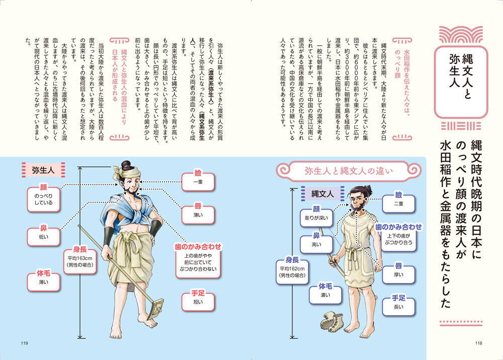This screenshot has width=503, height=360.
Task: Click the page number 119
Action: (24, 343)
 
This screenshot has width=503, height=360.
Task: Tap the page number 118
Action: (478, 343)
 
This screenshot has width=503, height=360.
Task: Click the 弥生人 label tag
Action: (43, 170)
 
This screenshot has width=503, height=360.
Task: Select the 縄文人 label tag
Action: (323, 194)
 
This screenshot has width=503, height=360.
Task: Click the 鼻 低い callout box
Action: (43, 236)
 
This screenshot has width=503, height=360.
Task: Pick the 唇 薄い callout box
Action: (198, 213)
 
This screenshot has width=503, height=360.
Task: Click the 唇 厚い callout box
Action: (399, 273)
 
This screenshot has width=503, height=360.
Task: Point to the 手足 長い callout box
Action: (399, 305)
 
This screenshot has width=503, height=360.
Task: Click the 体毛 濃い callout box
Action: (325, 293)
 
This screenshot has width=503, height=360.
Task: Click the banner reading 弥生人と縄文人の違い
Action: (349, 171)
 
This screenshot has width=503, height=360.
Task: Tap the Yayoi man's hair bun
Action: (126, 165)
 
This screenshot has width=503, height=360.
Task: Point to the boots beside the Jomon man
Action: (331, 321)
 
